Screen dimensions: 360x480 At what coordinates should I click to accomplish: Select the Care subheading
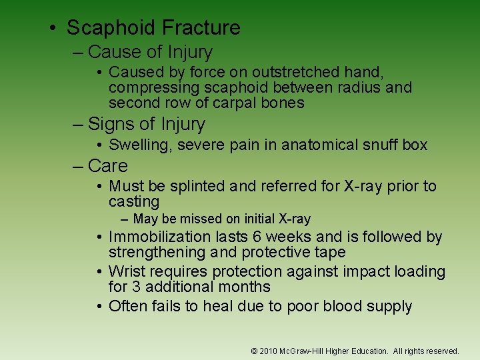click(107, 166)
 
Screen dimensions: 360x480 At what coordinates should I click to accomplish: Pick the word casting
click(134, 201)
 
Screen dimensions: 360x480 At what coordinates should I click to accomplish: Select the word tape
click(332, 252)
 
